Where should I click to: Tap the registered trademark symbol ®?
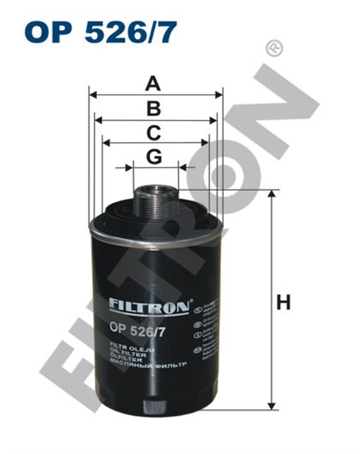[x=272, y=48]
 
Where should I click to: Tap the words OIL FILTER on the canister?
[x=126, y=353]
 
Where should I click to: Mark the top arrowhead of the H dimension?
[x=271, y=194]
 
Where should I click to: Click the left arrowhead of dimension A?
[x=92, y=94]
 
